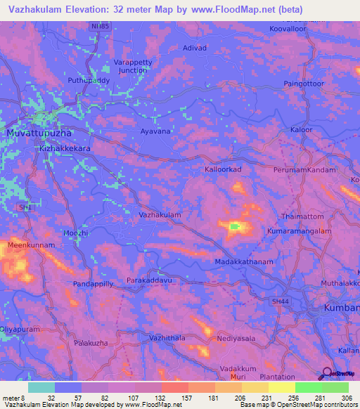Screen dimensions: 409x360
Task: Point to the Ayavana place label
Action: (155, 131)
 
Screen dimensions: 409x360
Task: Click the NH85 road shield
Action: (101, 27)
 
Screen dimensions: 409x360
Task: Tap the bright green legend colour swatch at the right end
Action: (335, 387)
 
